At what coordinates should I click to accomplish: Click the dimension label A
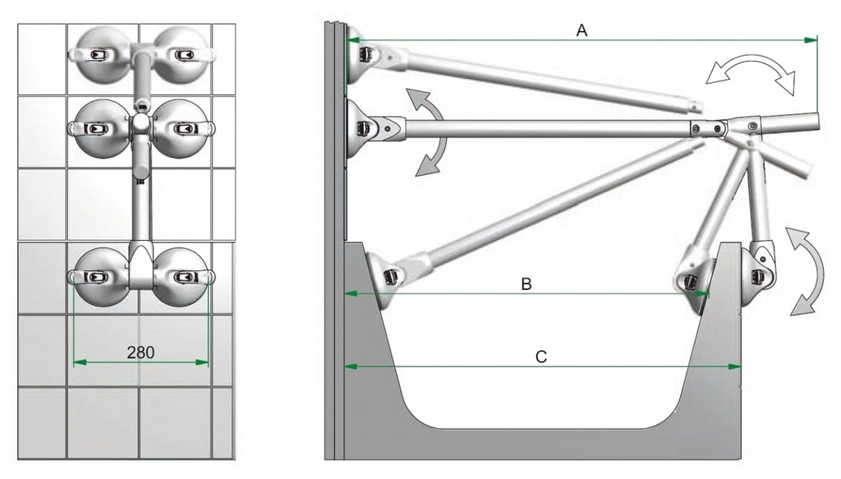click(x=581, y=30)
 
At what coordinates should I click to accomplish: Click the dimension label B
click(x=526, y=283)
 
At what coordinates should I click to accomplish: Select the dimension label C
click(x=540, y=357)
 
